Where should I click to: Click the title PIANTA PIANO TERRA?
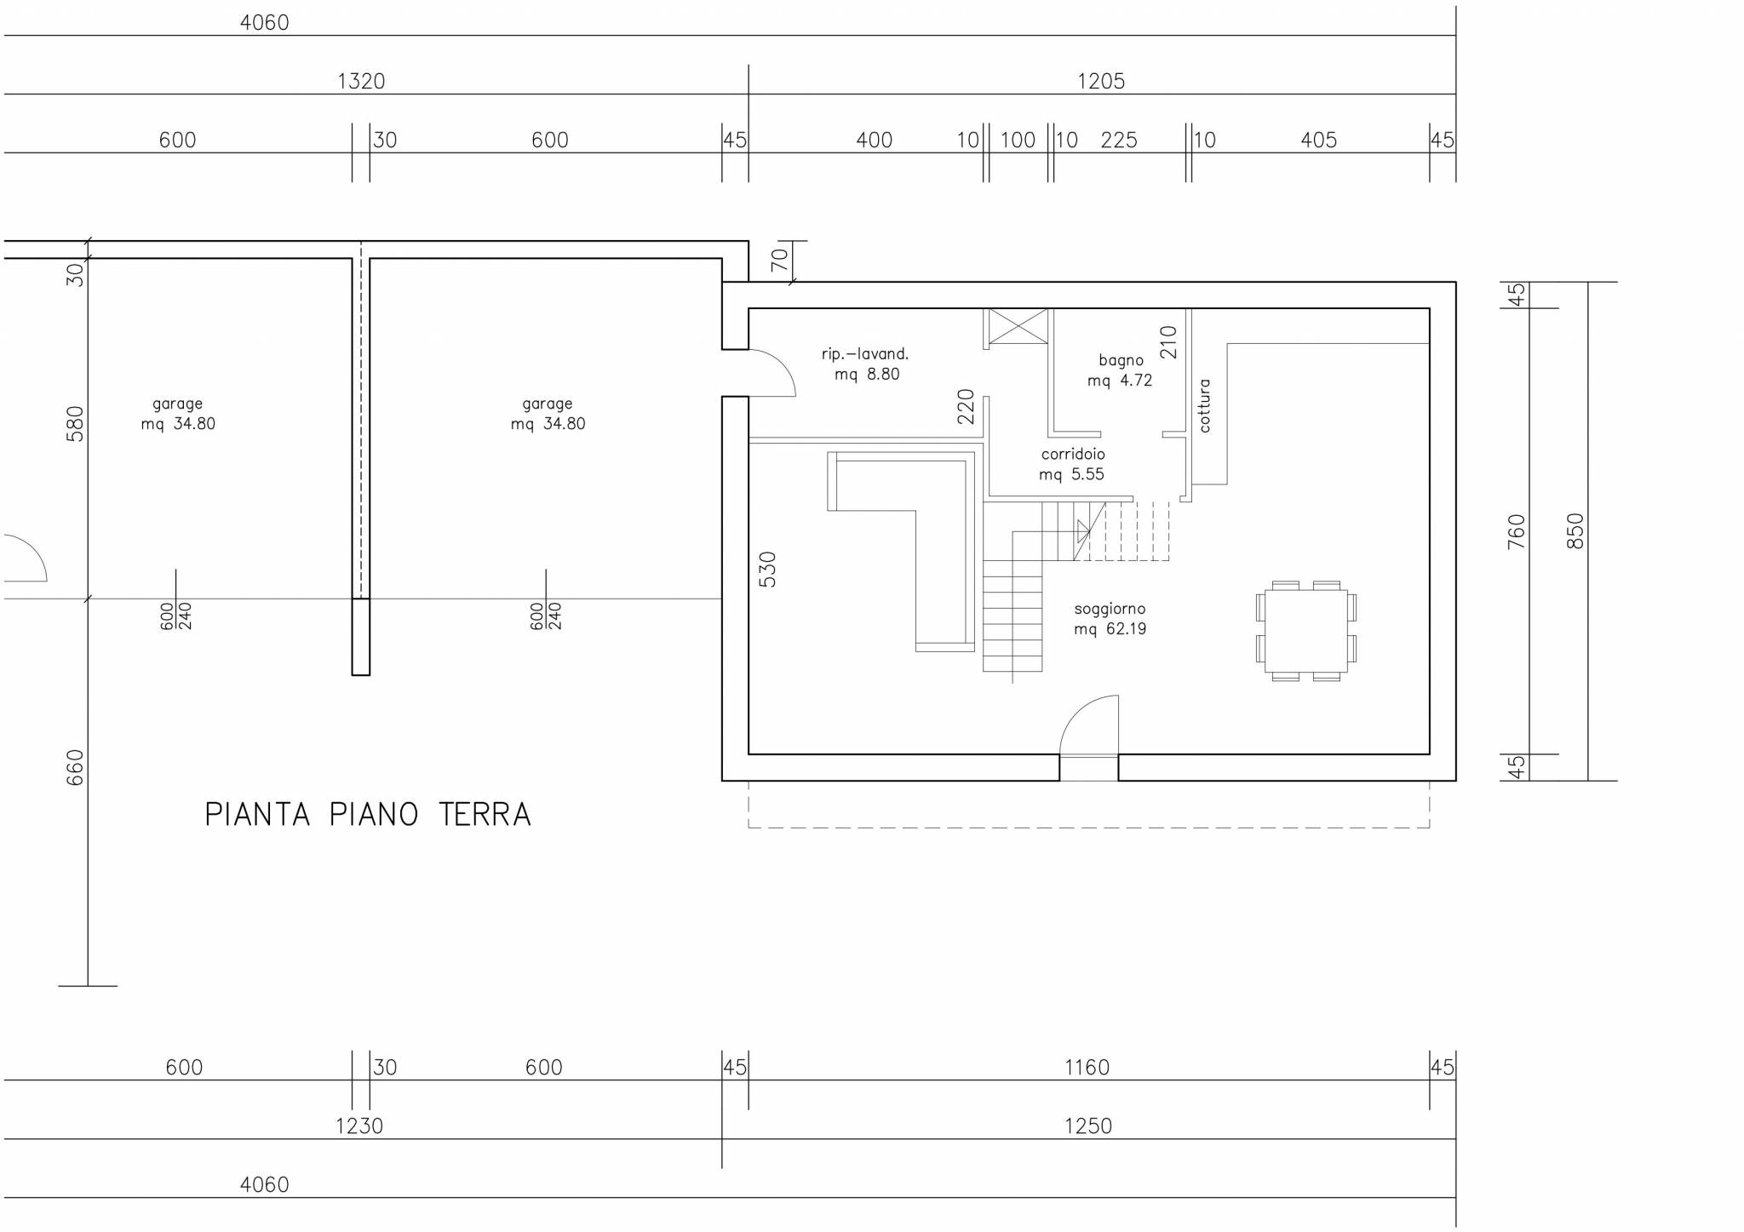[368, 815]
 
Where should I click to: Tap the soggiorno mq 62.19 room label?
[1110, 619]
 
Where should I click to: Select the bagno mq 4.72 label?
[1120, 370]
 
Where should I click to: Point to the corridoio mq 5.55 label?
[1072, 464]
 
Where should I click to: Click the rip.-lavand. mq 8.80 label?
[866, 364]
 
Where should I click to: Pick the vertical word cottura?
[1204, 405]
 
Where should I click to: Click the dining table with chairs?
[1305, 631]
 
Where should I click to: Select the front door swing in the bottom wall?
[1089, 725]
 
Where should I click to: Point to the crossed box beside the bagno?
[1017, 327]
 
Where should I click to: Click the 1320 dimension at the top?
[361, 81]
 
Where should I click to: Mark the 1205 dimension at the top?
[1101, 81]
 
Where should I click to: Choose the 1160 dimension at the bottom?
[1087, 1067]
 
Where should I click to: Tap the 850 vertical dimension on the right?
[1575, 530]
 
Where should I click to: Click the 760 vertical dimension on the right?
[1517, 531]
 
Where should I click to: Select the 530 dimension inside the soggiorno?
[767, 570]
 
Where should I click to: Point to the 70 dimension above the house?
[780, 260]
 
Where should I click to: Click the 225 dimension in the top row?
[1119, 140]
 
